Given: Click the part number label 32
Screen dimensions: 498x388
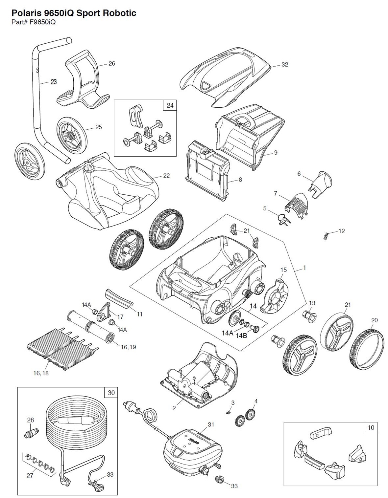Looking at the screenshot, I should click(x=285, y=65).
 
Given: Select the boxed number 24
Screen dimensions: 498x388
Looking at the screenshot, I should click(x=170, y=105).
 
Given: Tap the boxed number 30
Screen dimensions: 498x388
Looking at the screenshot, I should click(x=111, y=393).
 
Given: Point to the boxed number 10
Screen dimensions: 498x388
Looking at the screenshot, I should click(x=371, y=427).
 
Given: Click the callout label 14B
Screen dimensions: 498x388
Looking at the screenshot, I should click(x=241, y=335).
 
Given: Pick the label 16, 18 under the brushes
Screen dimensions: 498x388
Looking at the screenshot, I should click(x=41, y=373).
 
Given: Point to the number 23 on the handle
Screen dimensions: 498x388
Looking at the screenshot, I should click(x=53, y=82).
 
